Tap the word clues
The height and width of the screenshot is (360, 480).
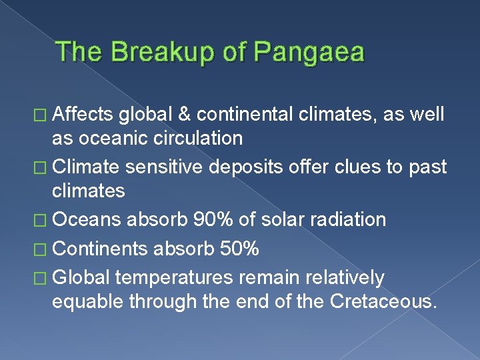click(x=355, y=167)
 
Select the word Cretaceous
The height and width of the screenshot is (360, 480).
click(x=383, y=301)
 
